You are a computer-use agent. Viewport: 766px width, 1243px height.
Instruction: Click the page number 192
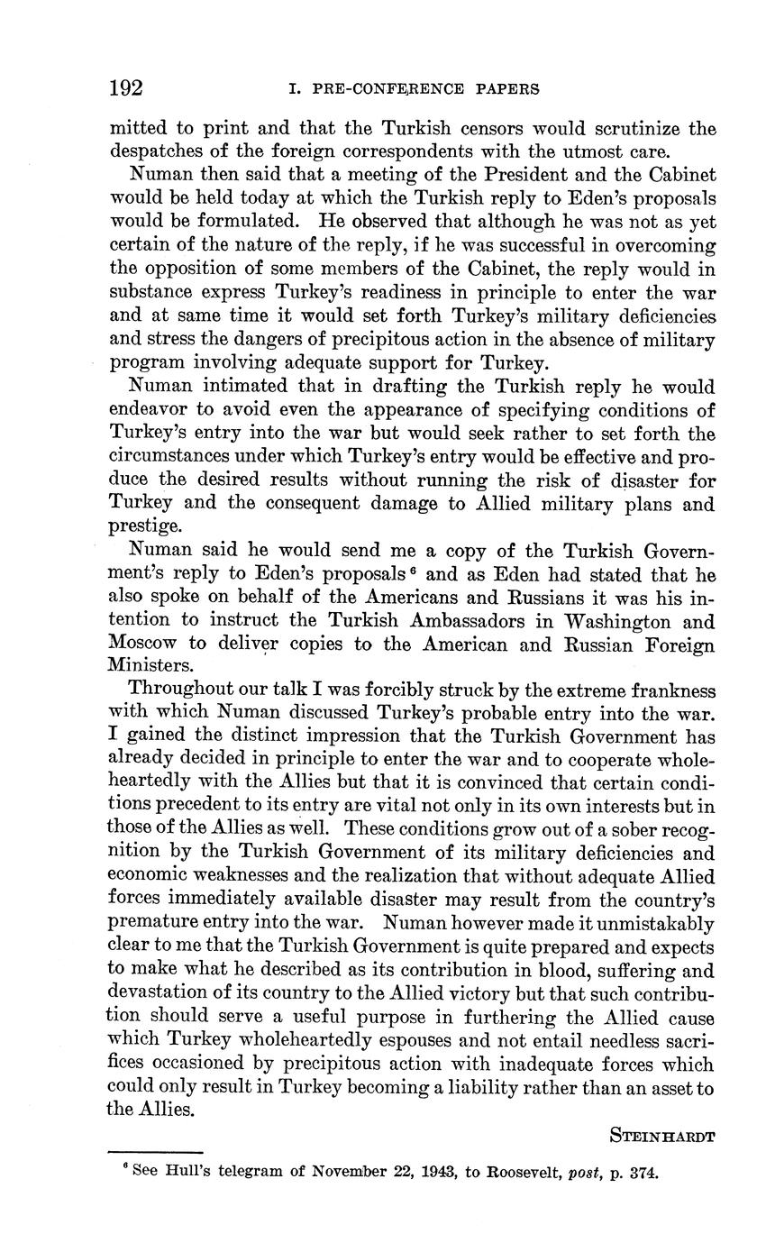tap(126, 88)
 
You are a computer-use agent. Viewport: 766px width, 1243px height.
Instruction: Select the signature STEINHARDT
tap(662, 1136)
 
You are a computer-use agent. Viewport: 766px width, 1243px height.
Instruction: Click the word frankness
tap(663, 691)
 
